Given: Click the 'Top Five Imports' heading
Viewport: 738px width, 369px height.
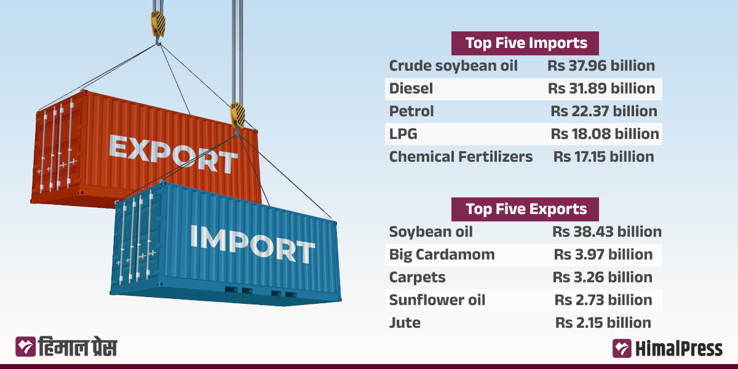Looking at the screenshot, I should (525, 43).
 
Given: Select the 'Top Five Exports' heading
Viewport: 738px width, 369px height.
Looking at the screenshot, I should (525, 209).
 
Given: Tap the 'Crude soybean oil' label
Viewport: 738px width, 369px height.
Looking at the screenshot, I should (453, 66).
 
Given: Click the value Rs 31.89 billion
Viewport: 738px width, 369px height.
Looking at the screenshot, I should (601, 89).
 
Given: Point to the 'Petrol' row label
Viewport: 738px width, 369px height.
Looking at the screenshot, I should (411, 111).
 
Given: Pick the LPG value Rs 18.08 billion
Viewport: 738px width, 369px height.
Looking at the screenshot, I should (605, 134).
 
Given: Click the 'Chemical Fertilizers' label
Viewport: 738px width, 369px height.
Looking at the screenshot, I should (461, 157).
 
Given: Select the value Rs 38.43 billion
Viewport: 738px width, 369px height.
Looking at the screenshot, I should (606, 232).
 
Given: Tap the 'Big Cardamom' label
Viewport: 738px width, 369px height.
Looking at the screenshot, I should (442, 255).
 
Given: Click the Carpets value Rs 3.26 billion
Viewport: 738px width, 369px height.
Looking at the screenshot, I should (603, 277).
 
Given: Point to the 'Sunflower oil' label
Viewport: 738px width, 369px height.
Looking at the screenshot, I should (437, 300).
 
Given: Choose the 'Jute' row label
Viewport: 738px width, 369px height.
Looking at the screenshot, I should (405, 323).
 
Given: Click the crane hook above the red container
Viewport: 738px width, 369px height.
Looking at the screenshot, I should (158, 28).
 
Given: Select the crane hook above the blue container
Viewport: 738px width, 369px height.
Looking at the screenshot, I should (238, 117).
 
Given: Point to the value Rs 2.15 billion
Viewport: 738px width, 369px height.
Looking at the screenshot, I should (603, 323).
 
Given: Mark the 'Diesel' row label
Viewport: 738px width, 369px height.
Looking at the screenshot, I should (411, 89).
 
